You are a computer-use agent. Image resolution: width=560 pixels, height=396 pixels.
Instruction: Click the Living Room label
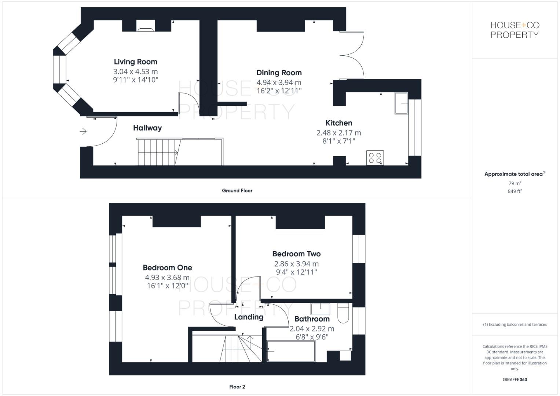point(135,62)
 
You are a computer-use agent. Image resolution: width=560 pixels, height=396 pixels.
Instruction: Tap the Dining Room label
point(279,73)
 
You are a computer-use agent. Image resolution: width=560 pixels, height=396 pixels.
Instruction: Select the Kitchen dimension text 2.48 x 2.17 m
point(338,133)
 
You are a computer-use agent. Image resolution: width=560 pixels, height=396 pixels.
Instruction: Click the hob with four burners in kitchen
point(375,158)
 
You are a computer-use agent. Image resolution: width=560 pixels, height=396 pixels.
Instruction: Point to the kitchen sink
point(401,103)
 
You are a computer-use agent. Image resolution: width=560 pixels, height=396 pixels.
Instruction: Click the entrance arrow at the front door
point(83,131)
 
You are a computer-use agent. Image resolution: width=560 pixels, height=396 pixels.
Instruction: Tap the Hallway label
point(147,128)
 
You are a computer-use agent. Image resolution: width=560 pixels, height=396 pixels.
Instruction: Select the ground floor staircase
point(158,152)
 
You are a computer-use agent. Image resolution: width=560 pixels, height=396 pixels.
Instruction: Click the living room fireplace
point(146,26)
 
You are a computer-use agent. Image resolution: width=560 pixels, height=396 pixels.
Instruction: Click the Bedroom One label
point(167,268)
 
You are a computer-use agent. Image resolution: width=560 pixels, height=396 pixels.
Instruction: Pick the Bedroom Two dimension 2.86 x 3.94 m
point(296,264)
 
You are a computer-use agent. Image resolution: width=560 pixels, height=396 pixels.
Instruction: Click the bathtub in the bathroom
point(291,351)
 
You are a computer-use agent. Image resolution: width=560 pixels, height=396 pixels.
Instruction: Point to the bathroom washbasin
point(320,309)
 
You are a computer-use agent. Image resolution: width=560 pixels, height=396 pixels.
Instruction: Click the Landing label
point(249,317)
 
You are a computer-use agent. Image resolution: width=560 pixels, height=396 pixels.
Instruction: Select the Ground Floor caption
point(237,191)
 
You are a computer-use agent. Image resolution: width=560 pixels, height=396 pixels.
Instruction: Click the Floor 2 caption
point(237,387)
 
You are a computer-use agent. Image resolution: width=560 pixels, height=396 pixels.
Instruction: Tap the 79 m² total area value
point(515,183)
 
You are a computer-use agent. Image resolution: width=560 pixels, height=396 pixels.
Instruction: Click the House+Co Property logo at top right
point(515,30)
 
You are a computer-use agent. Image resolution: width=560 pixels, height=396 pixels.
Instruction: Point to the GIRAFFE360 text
point(515,379)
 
